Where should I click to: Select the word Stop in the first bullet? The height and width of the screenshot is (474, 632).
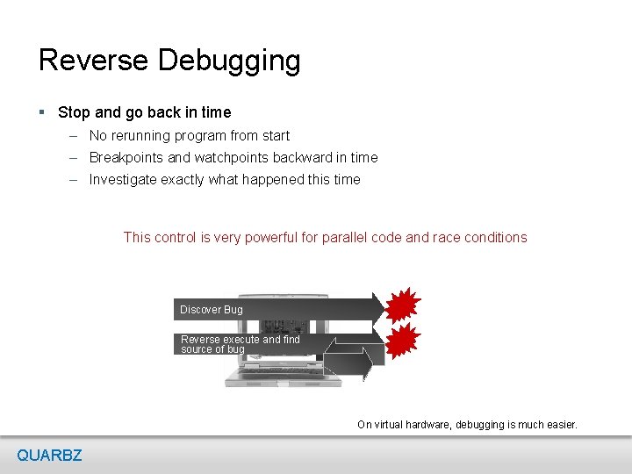point(74,112)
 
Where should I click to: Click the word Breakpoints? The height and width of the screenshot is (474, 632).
point(126,158)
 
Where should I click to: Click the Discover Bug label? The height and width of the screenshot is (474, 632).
point(212,310)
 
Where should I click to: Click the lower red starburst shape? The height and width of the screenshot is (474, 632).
point(403,339)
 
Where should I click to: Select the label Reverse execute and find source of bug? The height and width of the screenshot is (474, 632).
point(240,344)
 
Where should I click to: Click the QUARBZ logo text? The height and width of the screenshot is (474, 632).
point(49,455)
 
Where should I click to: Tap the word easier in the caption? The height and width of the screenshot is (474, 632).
point(558,425)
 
